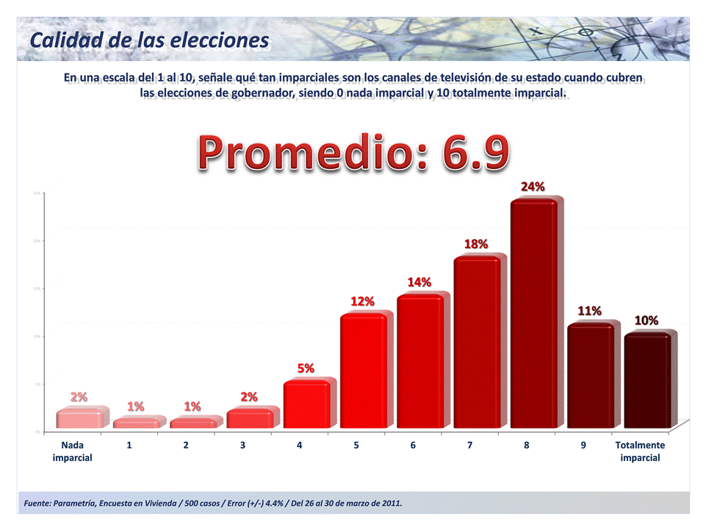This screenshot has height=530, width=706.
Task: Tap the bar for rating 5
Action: tap(363, 371)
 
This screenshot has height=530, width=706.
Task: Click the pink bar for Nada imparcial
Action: tap(79, 419)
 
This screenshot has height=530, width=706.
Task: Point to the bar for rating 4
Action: tap(306, 404)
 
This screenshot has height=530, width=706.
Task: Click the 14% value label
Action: tap(419, 282)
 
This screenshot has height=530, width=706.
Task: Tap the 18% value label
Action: tap(476, 243)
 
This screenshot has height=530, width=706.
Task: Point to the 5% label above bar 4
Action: tap(306, 368)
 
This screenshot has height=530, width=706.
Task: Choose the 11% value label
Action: tap(589, 311)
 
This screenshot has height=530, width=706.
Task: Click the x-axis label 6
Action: tap(413, 445)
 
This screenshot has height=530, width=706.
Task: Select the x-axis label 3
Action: tap(242, 445)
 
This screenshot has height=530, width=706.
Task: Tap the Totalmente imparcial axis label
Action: tap(640, 451)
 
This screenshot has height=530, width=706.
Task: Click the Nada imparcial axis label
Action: tap(72, 451)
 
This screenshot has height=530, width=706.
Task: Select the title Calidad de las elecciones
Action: tap(149, 40)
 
